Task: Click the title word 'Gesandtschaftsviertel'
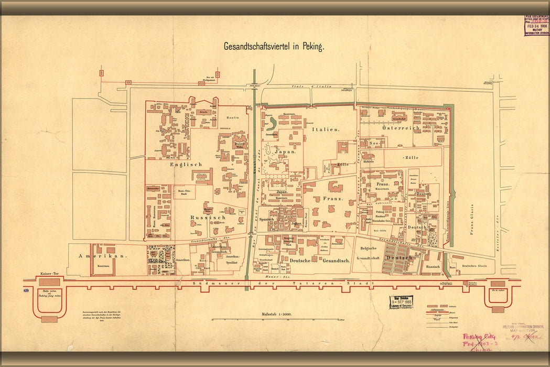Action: (256, 46)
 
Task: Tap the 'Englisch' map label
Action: (186, 164)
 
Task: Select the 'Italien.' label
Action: (325, 128)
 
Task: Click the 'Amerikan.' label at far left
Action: (95, 256)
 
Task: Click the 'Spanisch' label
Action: (267, 219)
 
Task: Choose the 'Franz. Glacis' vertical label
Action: (471, 218)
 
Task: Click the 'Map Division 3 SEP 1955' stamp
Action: (401, 302)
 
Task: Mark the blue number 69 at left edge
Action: (26, 290)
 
